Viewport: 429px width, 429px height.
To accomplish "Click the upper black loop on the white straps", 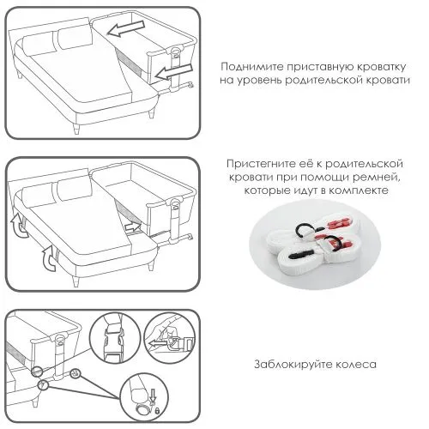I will point(302,229).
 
